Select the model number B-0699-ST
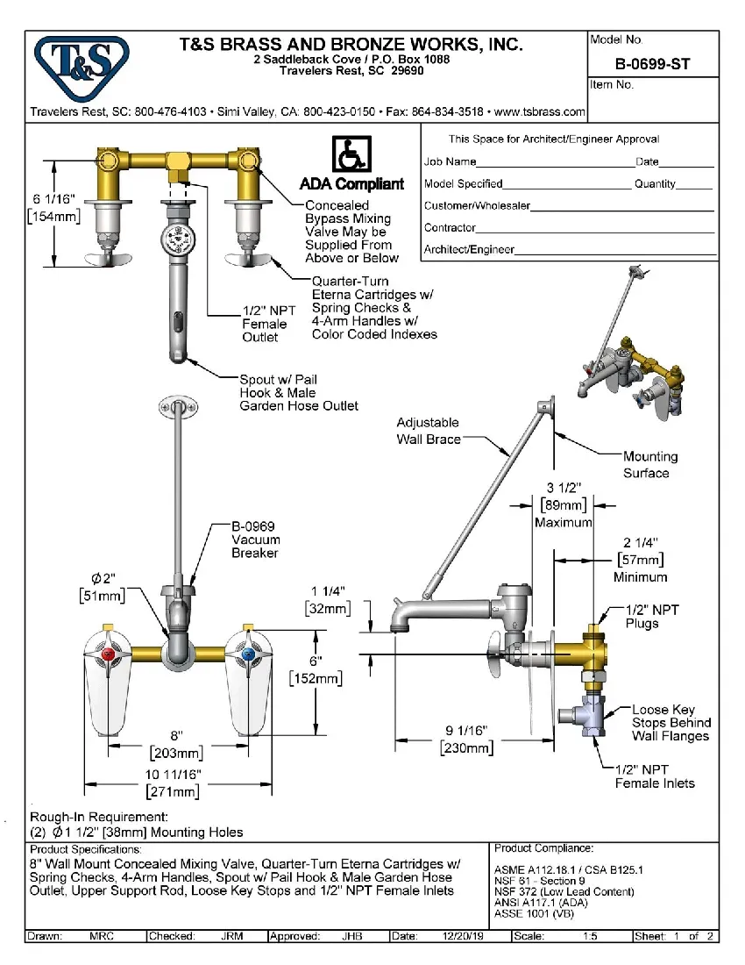tap(653, 63)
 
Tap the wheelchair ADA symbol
tap(351, 156)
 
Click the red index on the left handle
tap(109, 655)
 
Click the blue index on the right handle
tap(249, 655)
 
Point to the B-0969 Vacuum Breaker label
tap(255, 540)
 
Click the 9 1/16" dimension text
tap(465, 730)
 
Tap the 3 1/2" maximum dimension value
tap(564, 488)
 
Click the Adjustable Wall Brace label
tap(428, 431)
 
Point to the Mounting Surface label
tap(649, 465)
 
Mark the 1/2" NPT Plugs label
tap(652, 616)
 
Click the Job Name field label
tap(451, 161)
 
